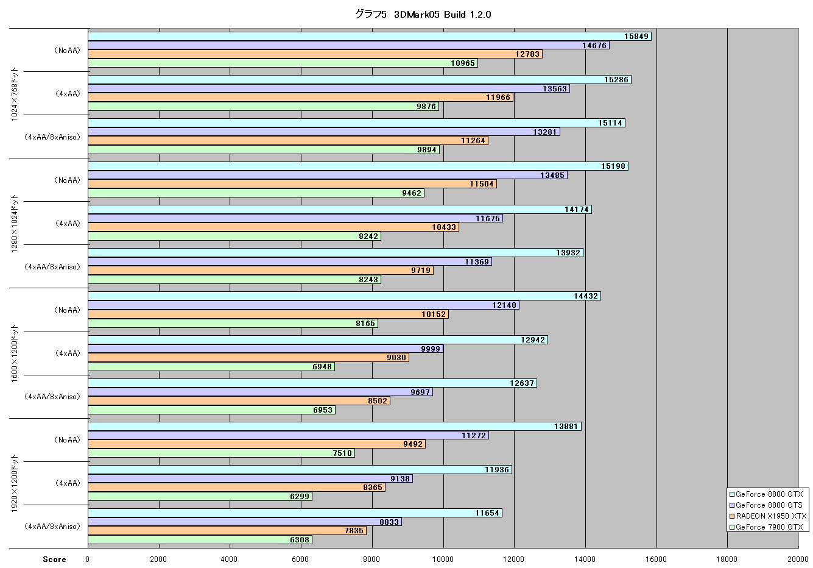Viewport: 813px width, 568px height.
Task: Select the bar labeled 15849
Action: [x=370, y=37]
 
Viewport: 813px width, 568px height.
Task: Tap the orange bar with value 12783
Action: [x=315, y=54]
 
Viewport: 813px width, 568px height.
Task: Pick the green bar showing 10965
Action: [x=283, y=63]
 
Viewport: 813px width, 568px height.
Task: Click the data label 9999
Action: [x=431, y=349]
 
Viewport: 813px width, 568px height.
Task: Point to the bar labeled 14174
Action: [x=340, y=210]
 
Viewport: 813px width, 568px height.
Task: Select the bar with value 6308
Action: [x=200, y=540]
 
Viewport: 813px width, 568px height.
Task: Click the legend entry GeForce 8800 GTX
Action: [x=766, y=494]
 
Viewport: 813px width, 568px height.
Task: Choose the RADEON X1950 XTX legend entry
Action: [x=768, y=516]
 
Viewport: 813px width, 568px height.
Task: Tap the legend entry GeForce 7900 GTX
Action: [x=766, y=527]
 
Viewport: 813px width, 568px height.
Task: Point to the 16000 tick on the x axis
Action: [x=656, y=559]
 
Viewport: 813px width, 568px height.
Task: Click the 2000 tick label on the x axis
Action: [x=158, y=559]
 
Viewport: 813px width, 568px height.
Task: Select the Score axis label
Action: [x=54, y=559]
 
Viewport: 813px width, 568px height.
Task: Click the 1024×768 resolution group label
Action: [x=14, y=94]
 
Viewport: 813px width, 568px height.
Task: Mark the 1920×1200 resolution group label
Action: [x=14, y=483]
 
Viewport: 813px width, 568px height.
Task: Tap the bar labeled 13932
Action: [x=336, y=253]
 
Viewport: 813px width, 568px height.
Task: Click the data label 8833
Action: [x=389, y=522]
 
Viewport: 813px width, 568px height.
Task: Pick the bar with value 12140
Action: [x=303, y=305]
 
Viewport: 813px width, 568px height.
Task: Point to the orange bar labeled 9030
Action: [x=248, y=358]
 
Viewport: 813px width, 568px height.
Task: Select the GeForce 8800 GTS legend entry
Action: [x=766, y=505]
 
